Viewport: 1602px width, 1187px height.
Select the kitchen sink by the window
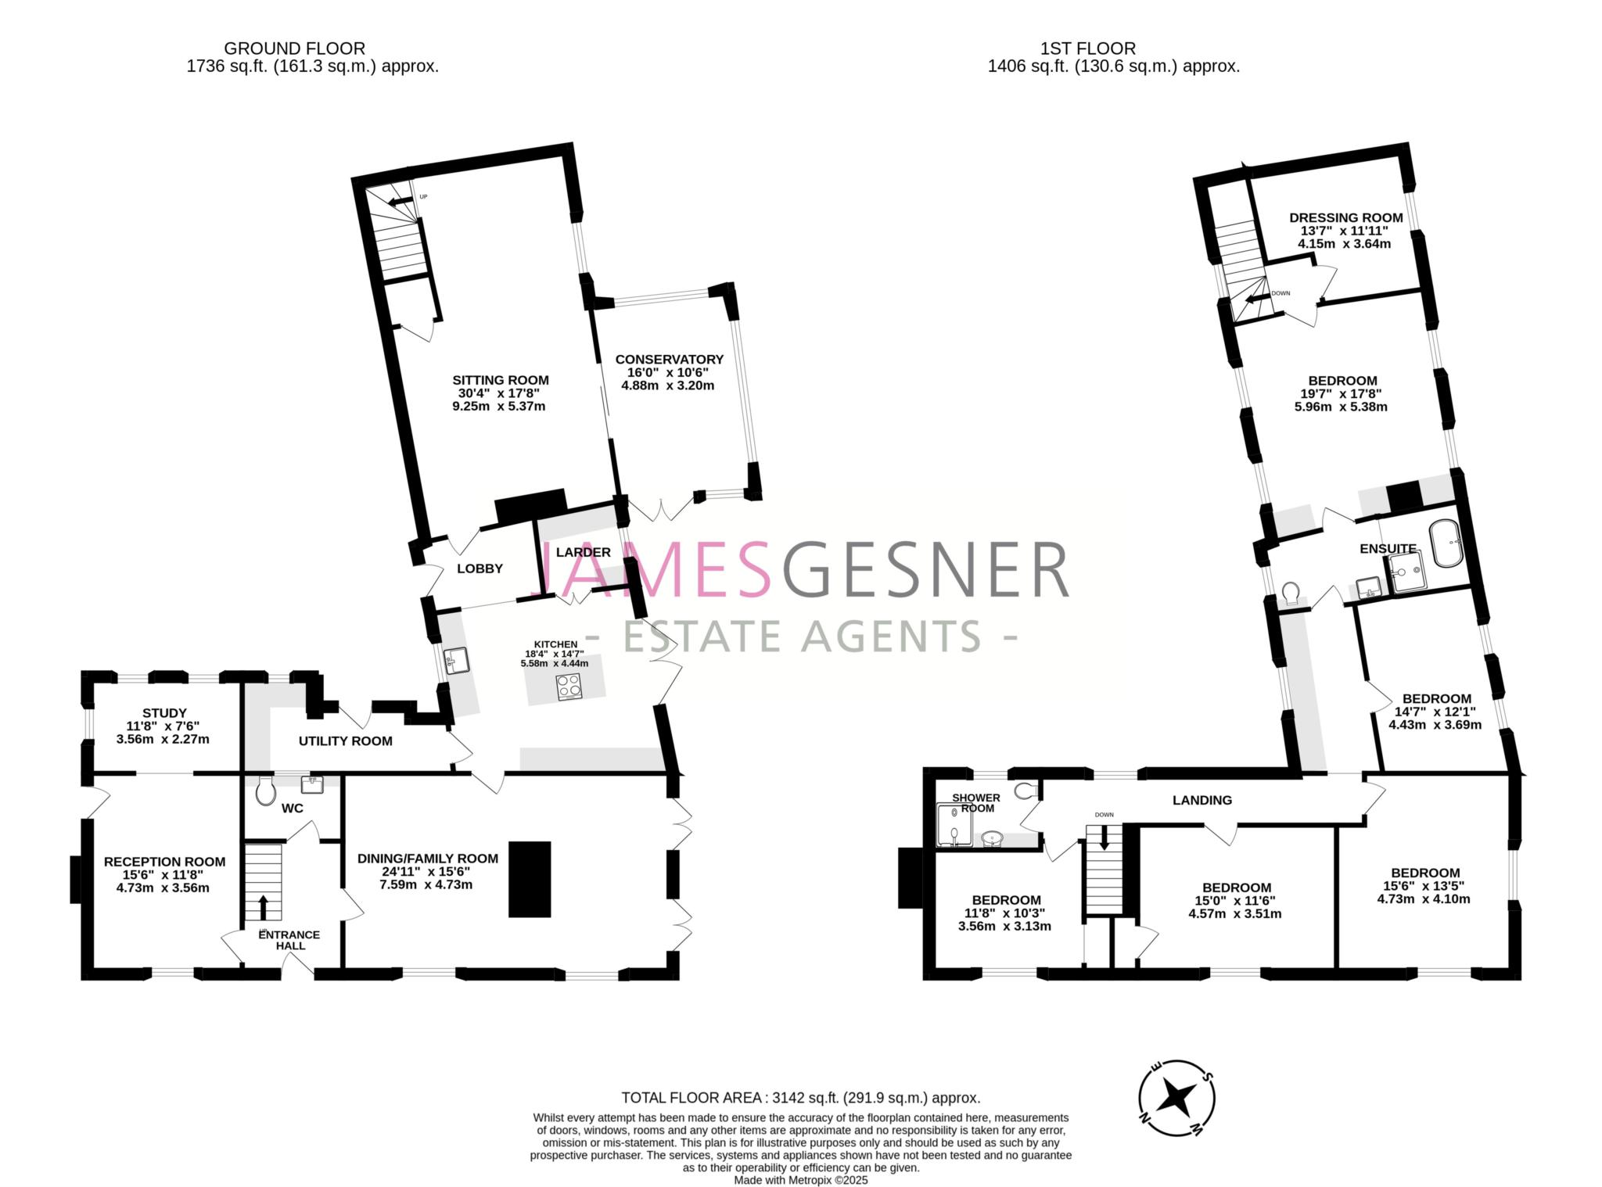[456, 661]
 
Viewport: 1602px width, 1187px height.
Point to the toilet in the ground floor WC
[265, 791]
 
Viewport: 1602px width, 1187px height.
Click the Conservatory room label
[669, 359]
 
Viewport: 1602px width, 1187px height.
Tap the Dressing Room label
[1345, 217]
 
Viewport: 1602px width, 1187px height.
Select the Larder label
[583, 552]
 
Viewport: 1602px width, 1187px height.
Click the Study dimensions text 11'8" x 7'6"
[164, 726]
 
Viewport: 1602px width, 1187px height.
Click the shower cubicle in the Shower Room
[955, 827]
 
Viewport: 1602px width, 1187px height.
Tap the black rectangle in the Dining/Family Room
[530, 879]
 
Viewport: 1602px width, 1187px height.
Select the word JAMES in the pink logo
[656, 572]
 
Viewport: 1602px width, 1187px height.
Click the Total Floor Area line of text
[800, 1098]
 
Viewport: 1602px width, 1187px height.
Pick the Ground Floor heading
[294, 48]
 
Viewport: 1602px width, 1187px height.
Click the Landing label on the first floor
[1201, 800]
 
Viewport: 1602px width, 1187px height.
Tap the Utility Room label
[345, 741]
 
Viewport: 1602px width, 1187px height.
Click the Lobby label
[480, 568]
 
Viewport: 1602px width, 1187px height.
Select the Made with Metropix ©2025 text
[800, 1181]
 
